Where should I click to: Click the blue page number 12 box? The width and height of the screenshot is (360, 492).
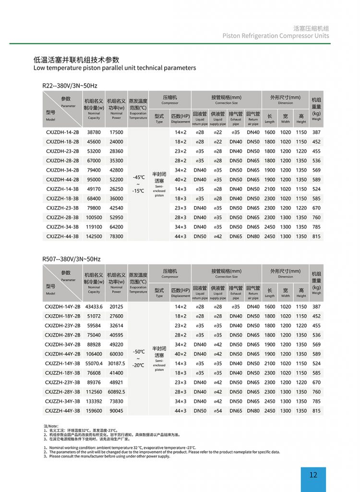coord(313,475)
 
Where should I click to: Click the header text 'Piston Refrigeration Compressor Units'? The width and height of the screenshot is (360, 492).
coord(276,36)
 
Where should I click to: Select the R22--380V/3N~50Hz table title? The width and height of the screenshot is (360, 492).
coord(70,86)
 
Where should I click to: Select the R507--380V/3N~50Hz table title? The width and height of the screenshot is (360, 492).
coord(72,259)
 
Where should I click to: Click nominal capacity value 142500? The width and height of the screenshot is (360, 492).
coord(94,236)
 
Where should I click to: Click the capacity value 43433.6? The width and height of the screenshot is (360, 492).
coord(94,307)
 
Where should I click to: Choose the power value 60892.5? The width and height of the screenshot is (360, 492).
coord(116,392)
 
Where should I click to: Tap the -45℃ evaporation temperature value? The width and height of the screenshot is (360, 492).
coord(138,177)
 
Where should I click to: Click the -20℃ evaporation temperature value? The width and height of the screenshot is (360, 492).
coord(138,365)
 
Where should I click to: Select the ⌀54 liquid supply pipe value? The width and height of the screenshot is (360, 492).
coord(218,411)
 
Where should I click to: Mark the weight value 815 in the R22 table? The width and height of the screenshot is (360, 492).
coord(316,236)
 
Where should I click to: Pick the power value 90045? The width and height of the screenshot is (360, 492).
coord(116,411)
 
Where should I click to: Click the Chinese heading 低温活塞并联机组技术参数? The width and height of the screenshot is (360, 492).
coord(76,60)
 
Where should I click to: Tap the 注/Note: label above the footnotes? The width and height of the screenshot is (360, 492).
coord(50,426)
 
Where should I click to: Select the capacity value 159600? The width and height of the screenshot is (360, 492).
coord(94,411)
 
